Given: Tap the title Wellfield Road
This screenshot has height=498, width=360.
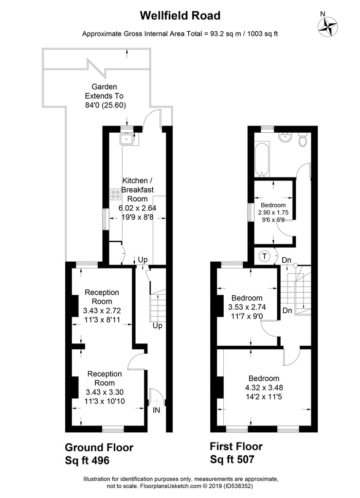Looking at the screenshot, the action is [x=180, y=16].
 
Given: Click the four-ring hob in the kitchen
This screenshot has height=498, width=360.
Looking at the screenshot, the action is [x=115, y=194].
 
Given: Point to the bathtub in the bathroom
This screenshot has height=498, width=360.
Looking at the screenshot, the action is [x=263, y=160].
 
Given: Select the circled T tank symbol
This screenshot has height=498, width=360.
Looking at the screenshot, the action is [x=264, y=256].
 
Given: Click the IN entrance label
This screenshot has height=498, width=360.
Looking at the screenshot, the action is [x=156, y=410].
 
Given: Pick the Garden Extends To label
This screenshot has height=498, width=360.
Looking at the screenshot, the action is [x=104, y=91].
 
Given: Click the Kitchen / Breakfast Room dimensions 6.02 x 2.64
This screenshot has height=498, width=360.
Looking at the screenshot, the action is [x=137, y=208].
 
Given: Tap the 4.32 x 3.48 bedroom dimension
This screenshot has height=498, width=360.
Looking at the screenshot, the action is [x=264, y=388].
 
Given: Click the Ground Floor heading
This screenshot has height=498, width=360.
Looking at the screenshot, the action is [x=99, y=447].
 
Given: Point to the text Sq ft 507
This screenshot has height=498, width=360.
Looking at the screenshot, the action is [x=232, y=459].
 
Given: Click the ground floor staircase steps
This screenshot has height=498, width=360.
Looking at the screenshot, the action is [x=158, y=306].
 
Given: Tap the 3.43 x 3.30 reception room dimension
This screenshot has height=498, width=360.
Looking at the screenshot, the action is [x=104, y=392].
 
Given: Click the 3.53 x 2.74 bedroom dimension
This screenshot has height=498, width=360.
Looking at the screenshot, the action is [x=247, y=307].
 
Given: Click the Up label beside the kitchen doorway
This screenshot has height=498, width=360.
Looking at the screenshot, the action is [x=143, y=260].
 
